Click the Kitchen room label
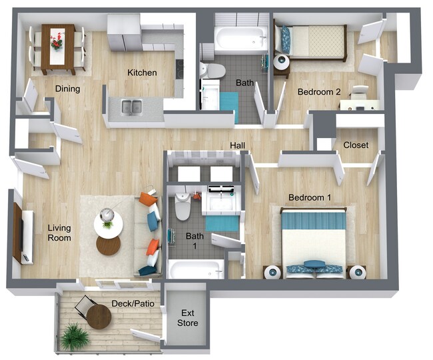click(142, 72)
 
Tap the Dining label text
click(67, 89)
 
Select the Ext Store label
click(187, 318)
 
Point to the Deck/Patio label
click(133, 304)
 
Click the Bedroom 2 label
click(319, 91)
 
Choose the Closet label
click(356, 145)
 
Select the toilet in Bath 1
click(183, 209)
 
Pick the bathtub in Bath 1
click(196, 269)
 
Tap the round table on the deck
click(99, 316)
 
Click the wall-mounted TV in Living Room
click(18, 233)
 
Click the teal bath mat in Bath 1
click(222, 223)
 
